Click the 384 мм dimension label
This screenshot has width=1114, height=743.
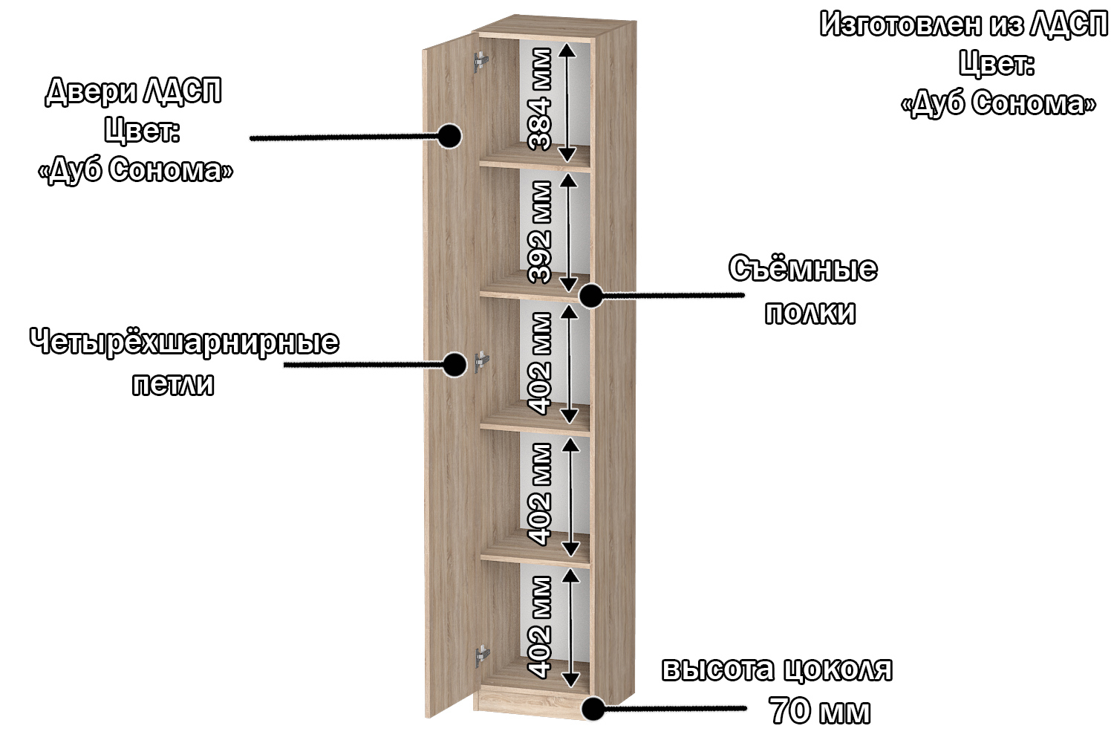[x=540, y=100]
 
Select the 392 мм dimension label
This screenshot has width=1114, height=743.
[x=540, y=232]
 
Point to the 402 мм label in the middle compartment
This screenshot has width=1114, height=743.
[x=540, y=363]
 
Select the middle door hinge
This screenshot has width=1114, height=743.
[x=481, y=361]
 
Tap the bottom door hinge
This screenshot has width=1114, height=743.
[x=482, y=655]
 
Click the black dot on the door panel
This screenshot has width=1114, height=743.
[x=449, y=136]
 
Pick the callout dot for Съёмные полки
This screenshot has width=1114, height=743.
[x=590, y=296]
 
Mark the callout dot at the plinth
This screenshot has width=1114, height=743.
[x=593, y=709]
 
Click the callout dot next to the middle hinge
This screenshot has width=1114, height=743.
[x=455, y=364]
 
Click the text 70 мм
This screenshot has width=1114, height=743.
[x=820, y=710]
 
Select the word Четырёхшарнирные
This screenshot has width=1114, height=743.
[x=184, y=343]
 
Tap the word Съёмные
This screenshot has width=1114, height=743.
[x=803, y=268]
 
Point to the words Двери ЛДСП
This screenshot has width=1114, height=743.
[x=134, y=91]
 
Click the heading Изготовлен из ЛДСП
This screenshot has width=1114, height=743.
[x=963, y=25]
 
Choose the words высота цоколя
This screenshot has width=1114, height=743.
[x=777, y=669]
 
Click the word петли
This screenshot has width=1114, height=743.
[x=173, y=385]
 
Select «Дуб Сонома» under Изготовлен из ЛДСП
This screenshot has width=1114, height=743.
[x=998, y=103]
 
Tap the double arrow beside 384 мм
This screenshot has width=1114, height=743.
[x=567, y=102]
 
